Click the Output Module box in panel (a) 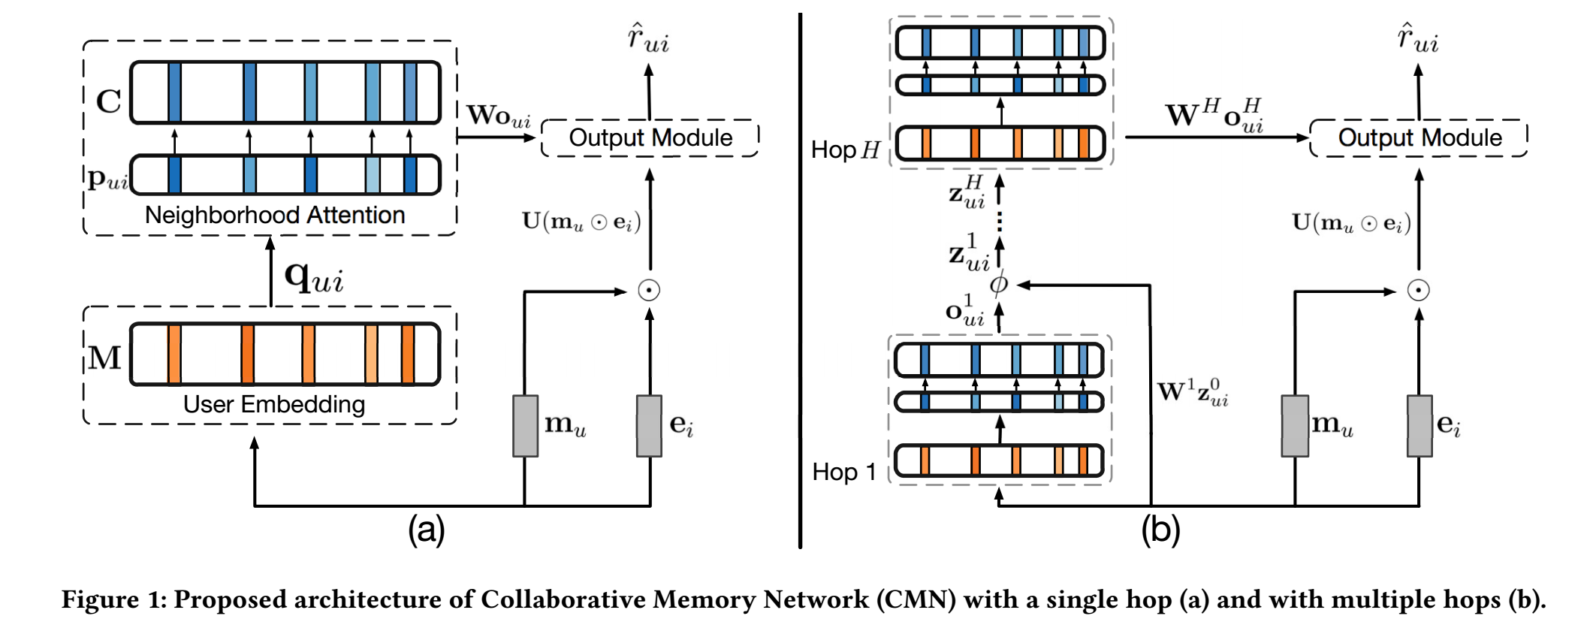[650, 138]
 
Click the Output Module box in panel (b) [1419, 138]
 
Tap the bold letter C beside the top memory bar [109, 101]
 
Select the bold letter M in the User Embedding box [104, 358]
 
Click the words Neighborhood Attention [274, 216]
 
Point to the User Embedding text [274, 405]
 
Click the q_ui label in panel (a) [314, 278]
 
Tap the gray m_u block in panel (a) [525, 426]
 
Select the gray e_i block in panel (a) [649, 426]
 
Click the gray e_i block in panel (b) [1419, 426]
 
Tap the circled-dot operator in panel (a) [649, 290]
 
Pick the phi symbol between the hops [998, 285]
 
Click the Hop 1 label [844, 473]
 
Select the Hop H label [845, 150]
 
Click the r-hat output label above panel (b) [1417, 39]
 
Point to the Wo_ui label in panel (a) [498, 116]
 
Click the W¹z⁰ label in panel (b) [1192, 392]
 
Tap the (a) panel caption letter [426, 530]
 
